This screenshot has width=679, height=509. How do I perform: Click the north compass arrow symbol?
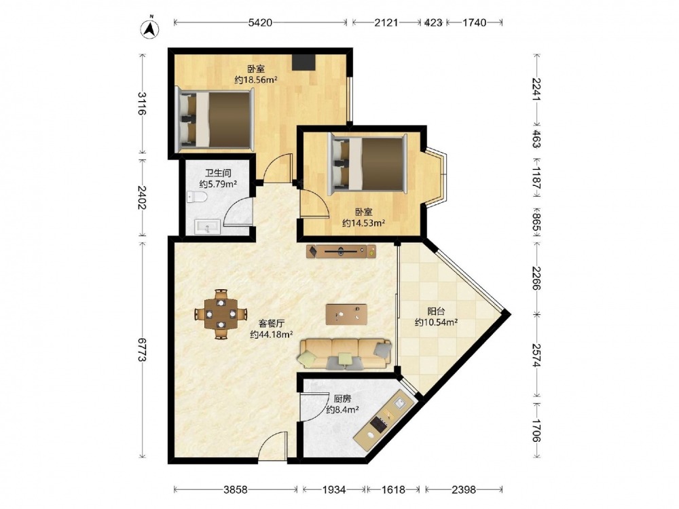coord(150,28)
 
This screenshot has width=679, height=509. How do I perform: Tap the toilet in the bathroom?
coord(197,197)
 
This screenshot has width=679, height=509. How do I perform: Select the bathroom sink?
coord(207,227)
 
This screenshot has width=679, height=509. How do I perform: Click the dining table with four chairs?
coord(221,314)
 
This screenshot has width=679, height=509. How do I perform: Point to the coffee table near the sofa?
coord(346,314)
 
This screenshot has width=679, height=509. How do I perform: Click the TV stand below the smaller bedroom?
coord(342,252)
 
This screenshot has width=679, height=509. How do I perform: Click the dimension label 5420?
coord(260,22)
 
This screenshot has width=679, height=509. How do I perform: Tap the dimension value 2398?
coord(464,489)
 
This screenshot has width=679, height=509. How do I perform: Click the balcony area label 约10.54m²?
coord(437,322)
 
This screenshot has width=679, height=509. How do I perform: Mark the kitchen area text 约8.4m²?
coord(342,409)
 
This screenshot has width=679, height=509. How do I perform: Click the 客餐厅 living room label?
coord(272,323)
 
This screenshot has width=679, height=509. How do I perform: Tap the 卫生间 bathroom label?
coord(218,173)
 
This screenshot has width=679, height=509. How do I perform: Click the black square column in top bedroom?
coord(303,62)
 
